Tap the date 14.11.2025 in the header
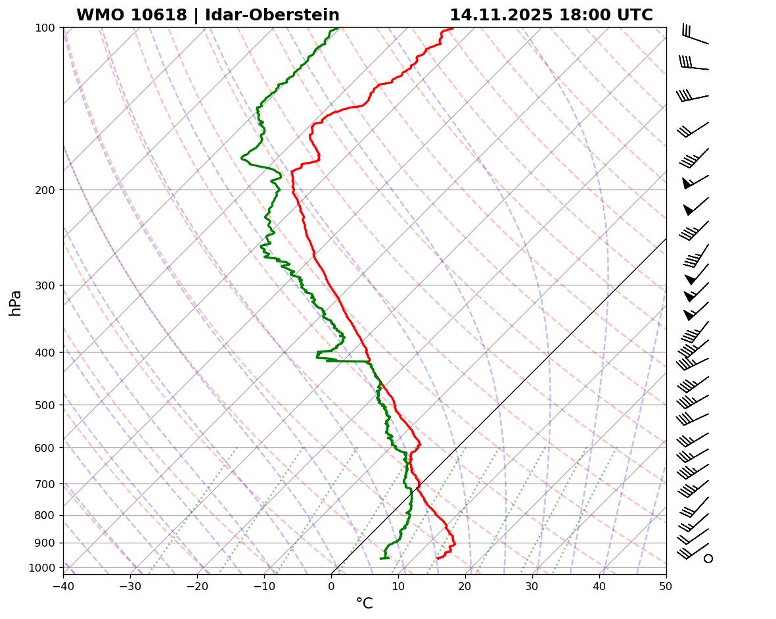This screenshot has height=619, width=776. (501, 15)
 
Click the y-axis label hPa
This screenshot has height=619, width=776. (15, 303)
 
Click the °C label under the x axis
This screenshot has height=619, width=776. (364, 603)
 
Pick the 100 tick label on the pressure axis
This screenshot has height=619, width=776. (46, 28)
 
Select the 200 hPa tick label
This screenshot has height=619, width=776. (46, 190)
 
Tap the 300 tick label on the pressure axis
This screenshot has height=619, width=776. (46, 285)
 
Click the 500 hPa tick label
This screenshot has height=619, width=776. (46, 405)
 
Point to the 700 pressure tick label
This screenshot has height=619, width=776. (46, 484)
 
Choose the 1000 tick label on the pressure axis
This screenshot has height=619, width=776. (43, 568)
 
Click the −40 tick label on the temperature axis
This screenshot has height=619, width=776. (63, 585)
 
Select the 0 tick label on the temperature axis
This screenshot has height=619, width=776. (331, 585)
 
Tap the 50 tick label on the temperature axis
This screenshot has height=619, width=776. (666, 585)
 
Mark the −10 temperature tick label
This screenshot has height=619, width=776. (264, 585)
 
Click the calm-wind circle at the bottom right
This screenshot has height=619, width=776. (708, 558)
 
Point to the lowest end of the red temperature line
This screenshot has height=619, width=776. (438, 558)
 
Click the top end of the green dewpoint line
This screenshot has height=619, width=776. (338, 28)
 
